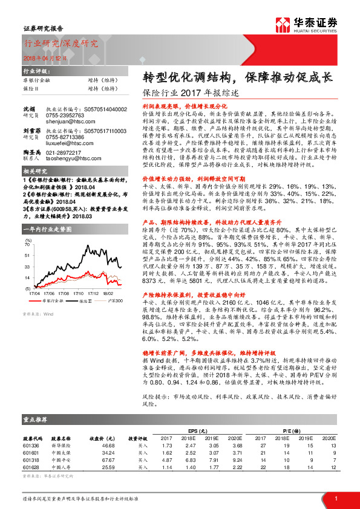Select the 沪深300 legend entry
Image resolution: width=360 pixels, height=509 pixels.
pyautogui.click(x=115, y=299)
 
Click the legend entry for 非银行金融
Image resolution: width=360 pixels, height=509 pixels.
pyautogui.click(x=55, y=299)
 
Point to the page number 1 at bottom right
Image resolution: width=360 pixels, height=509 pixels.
pyautogui.click(x=335, y=498)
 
